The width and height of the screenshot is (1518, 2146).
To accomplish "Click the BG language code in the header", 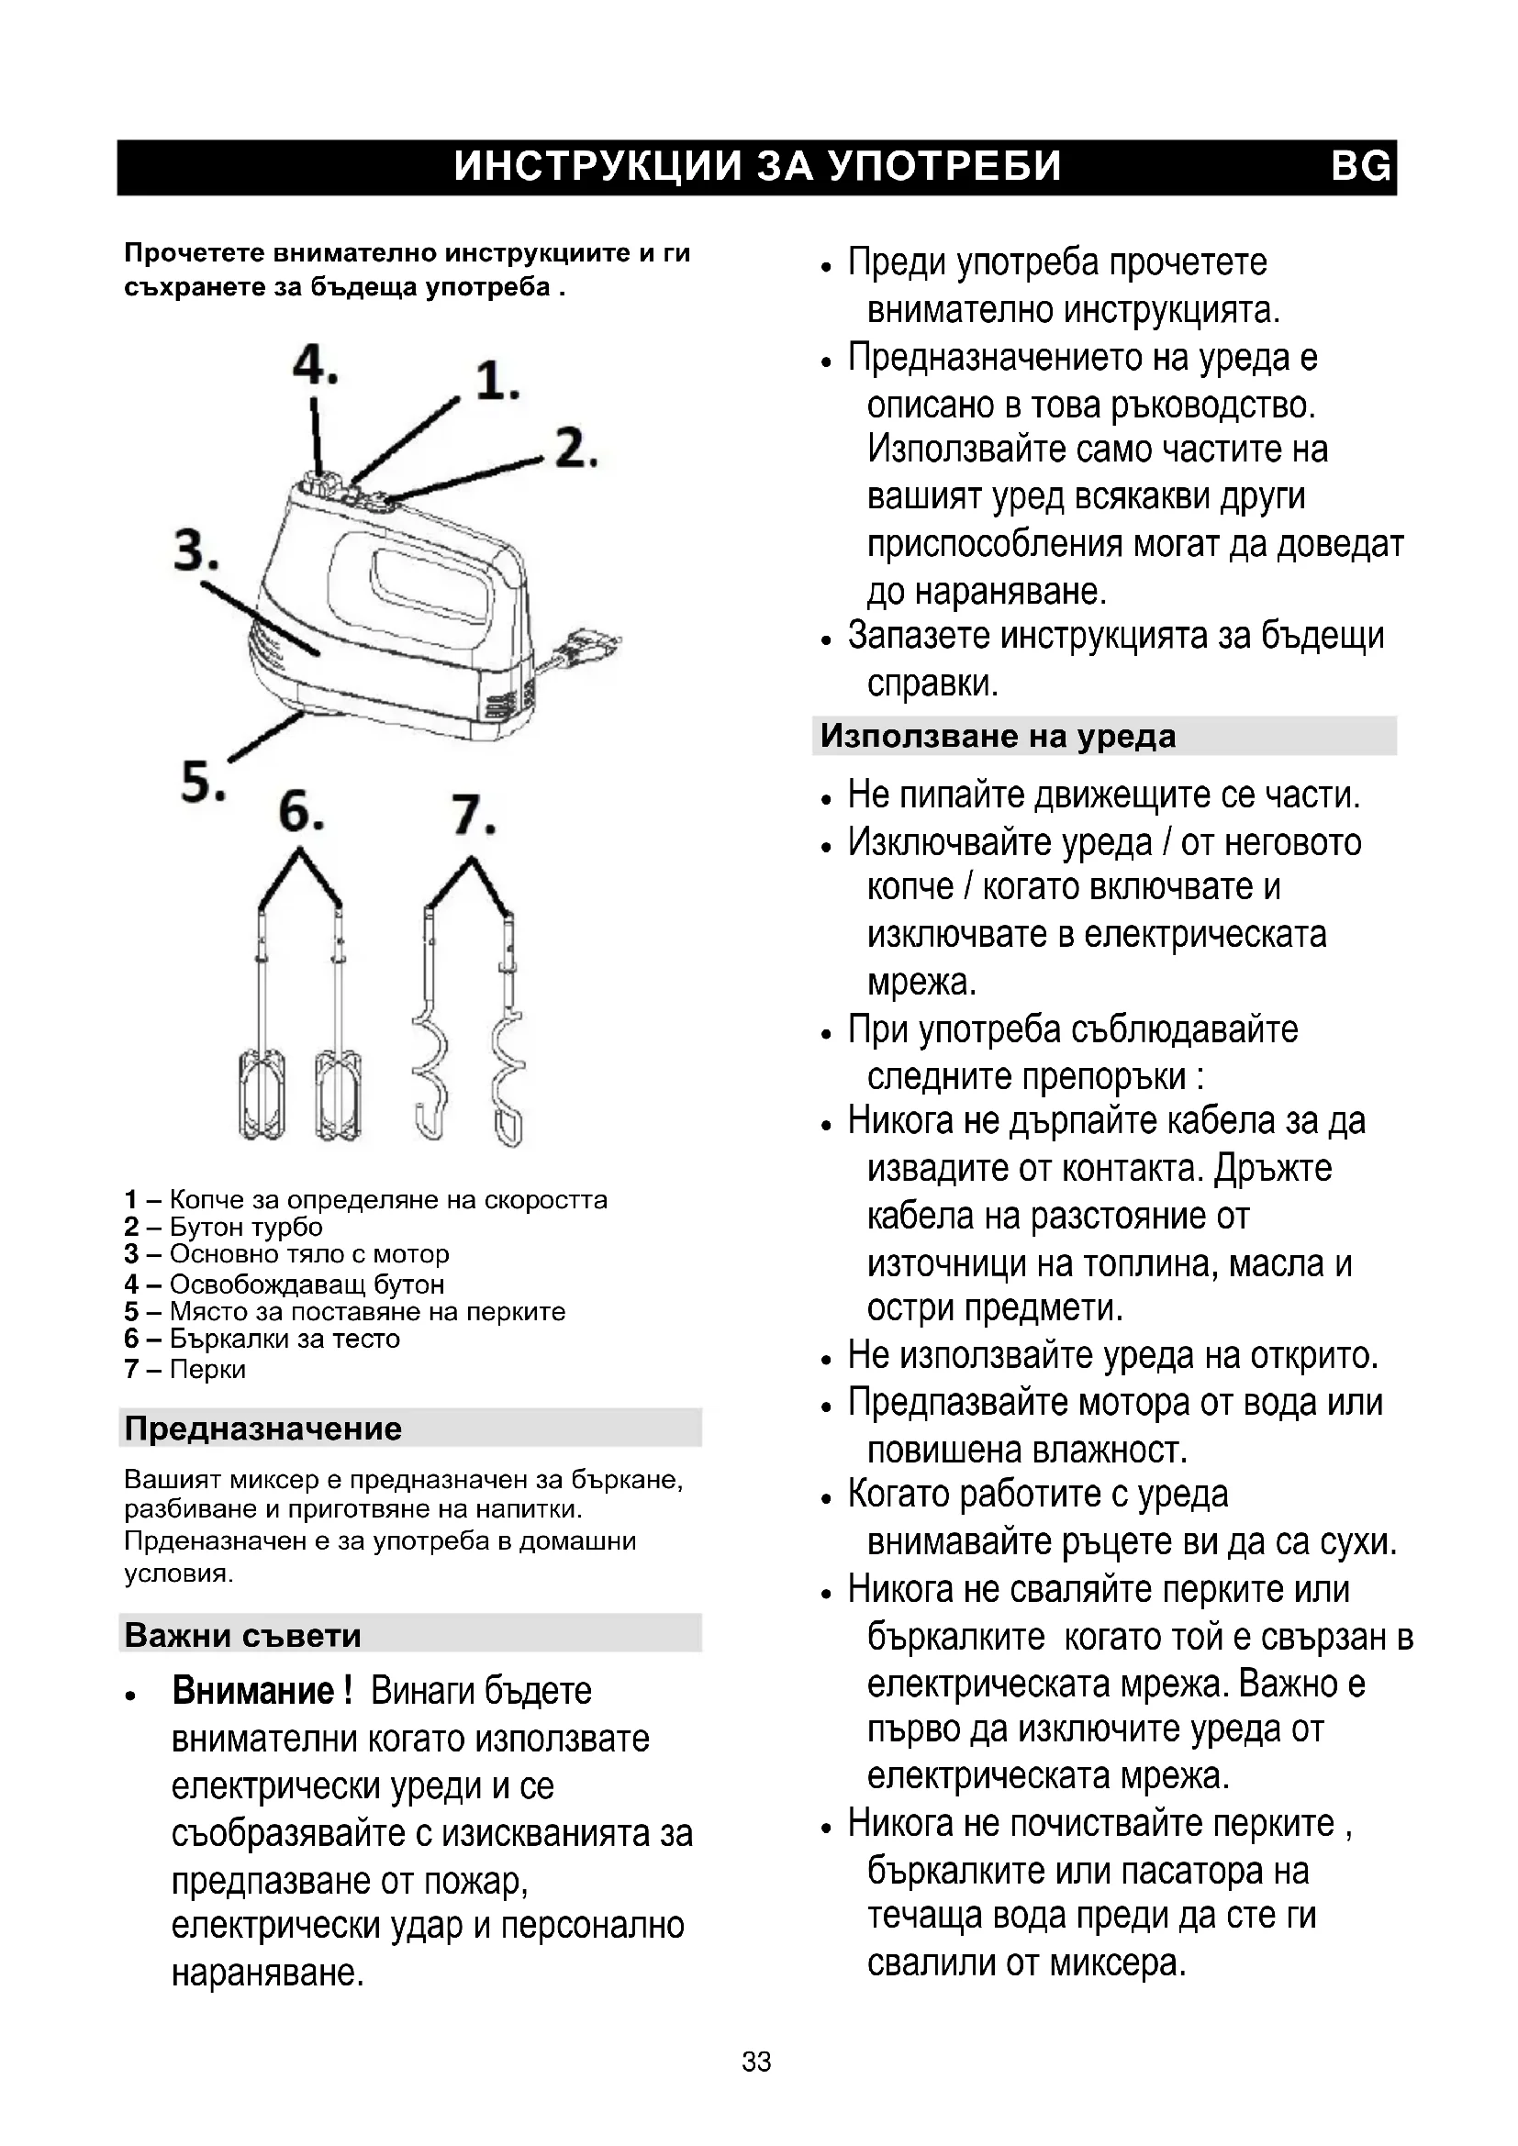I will [x=1360, y=166].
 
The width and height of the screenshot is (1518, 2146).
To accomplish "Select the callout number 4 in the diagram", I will [x=314, y=364].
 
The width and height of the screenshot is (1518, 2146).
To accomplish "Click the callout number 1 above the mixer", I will [x=497, y=383].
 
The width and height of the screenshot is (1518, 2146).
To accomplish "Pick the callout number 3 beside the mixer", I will [x=196, y=550].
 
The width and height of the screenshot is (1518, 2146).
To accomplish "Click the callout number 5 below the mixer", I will [x=203, y=781].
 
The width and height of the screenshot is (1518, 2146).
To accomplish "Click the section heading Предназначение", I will [x=262, y=1429].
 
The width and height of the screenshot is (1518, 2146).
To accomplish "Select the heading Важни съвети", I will [x=242, y=1635].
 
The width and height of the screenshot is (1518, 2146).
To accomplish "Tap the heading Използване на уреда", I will [x=998, y=737].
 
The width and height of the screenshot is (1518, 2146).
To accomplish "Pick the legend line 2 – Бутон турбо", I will [x=223, y=1227].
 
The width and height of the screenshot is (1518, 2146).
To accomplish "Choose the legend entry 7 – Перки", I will [x=185, y=1369].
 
